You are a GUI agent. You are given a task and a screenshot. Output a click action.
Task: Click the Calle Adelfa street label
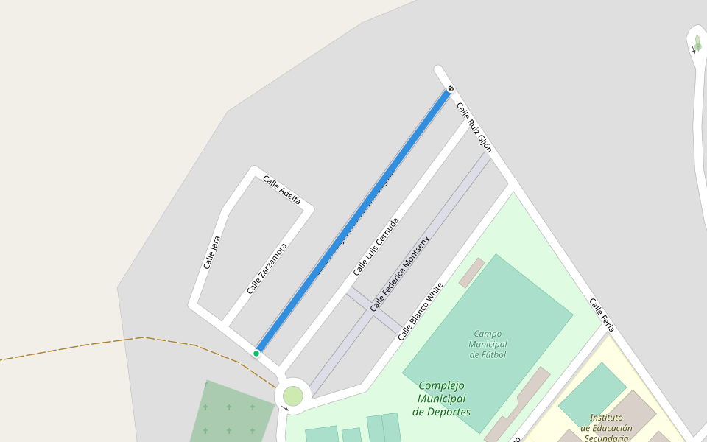point(282,190)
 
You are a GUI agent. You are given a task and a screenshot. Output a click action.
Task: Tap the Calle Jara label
point(211,252)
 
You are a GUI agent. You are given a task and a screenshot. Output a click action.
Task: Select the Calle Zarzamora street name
point(267,269)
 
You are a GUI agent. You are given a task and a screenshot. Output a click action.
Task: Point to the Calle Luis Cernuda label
point(376,246)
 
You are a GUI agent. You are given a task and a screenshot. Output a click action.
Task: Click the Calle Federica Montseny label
point(399,273)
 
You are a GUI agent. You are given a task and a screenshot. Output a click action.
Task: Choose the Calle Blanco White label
point(421,311)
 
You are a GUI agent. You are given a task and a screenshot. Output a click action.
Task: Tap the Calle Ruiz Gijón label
point(474,127)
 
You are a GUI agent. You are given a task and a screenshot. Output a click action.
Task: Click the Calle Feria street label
point(602,315)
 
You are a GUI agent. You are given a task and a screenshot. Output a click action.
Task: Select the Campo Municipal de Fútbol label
point(488,344)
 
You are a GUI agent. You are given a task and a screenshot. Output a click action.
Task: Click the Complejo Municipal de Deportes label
point(442,399)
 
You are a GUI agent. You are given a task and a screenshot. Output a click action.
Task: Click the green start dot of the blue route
point(256,354)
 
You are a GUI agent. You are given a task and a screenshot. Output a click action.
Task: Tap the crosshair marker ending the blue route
point(450,89)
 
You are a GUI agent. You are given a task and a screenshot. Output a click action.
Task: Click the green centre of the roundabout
point(293,396)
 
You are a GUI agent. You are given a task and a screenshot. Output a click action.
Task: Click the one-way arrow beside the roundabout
point(285,407)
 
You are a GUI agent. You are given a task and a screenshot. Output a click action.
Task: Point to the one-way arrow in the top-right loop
point(694,50)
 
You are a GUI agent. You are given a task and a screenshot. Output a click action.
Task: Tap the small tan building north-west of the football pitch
point(471,273)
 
